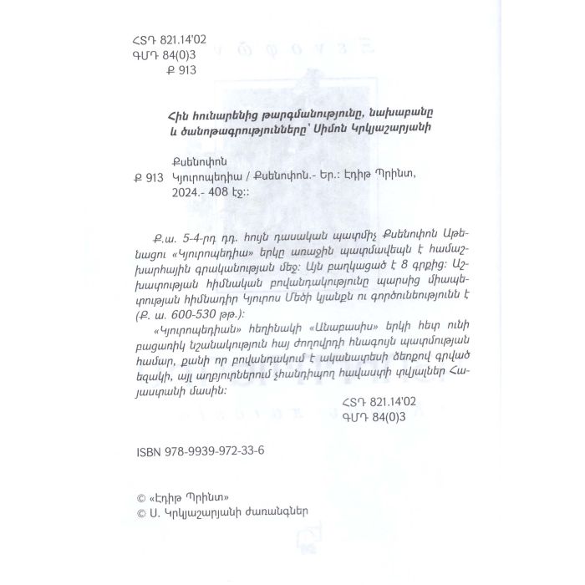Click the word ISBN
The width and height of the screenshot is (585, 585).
148,450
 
